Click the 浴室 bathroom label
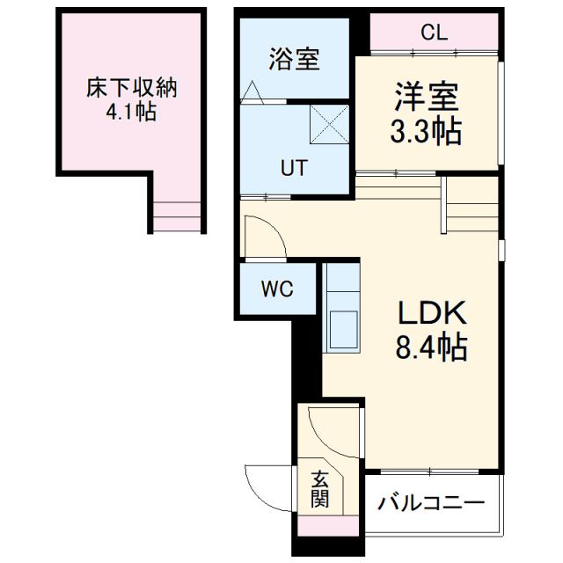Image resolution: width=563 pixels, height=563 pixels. click(294, 60)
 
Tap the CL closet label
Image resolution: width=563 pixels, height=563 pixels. click(434, 33)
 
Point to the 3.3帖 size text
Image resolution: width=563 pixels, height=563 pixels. click(426, 132)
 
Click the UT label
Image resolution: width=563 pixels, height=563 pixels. click(293, 168)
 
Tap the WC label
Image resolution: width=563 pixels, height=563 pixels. click(275, 289)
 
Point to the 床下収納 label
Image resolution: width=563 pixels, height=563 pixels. click(132, 88)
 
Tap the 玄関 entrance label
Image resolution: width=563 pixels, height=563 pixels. click(320, 490)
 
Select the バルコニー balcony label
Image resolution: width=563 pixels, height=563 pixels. click(431, 504)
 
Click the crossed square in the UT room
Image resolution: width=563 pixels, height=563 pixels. click(330, 123)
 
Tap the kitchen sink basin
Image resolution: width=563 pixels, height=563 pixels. click(342, 329)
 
